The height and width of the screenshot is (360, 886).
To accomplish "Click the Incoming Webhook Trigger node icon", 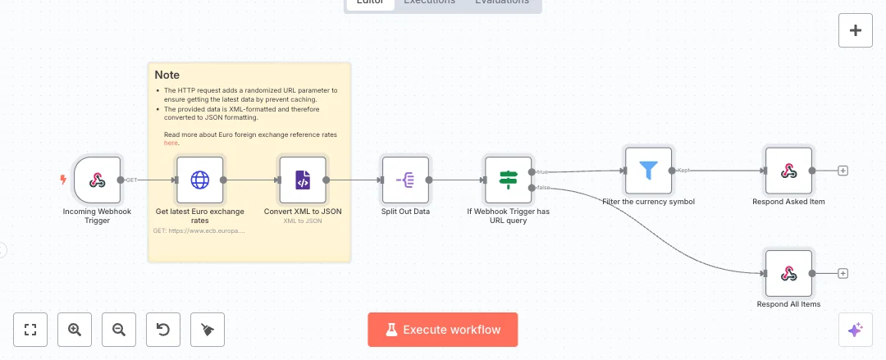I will point(98,180).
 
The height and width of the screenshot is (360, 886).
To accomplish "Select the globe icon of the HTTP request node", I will point(200,180).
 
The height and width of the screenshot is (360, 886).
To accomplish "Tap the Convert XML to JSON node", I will point(303,180).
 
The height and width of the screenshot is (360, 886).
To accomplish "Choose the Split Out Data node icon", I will point(405,180).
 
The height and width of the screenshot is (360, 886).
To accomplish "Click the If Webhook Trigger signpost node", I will point(508,180).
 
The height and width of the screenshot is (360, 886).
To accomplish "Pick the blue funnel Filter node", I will point(648,171).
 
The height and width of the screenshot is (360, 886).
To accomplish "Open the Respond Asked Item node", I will point(788,171).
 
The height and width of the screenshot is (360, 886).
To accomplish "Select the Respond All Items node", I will point(788,274).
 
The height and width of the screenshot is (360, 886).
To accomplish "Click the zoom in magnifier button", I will point(75,330).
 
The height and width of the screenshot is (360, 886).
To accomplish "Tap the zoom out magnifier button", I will point(119,330).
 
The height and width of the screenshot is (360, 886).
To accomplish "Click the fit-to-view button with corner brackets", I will point(30,330).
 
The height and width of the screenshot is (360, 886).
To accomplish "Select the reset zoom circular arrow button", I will point(163,330).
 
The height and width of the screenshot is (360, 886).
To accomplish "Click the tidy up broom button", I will point(208,330).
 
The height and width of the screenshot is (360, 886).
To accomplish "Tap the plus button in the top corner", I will point(856,31).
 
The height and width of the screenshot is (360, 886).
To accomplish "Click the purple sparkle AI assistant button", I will point(855,330).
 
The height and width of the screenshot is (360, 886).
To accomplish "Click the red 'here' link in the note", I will point(171,143).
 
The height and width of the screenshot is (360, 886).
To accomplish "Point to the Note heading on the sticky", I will point(167,75).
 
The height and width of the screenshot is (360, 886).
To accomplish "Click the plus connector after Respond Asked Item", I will point(843,171).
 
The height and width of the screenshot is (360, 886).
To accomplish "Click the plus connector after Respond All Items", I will point(843,274).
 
